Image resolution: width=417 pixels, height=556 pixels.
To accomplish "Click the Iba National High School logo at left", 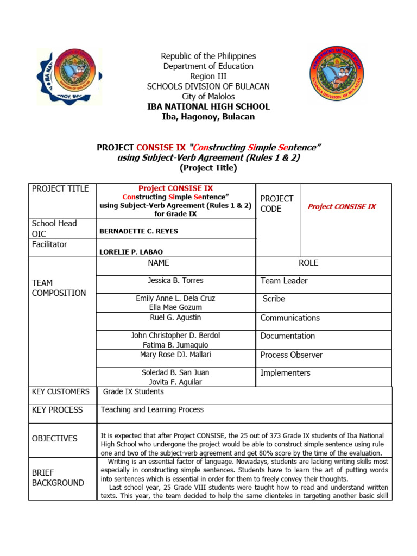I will click(69, 77).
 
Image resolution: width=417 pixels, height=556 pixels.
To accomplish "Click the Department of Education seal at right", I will click(337, 75).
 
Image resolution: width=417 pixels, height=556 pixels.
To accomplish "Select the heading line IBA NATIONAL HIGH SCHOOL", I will click(208, 107).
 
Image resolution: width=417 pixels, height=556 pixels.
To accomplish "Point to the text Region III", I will click(208, 77).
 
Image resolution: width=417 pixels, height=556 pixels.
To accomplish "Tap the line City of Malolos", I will click(208, 97).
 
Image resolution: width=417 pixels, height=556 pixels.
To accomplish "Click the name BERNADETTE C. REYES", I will click(139, 231).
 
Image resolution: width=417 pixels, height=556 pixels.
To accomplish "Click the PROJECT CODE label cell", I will click(277, 204).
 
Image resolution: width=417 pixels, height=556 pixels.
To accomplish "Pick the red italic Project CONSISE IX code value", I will click(342, 206).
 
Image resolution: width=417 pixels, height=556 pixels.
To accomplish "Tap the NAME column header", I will click(159, 263).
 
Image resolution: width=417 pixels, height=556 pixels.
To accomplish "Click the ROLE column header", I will click(308, 263).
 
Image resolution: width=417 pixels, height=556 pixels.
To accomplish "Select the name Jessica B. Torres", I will click(175, 281).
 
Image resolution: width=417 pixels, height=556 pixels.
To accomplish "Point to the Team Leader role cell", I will click(284, 281).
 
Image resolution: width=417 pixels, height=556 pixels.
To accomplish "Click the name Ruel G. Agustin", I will click(175, 318).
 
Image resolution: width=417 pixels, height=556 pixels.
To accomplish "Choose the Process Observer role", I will click(292, 355).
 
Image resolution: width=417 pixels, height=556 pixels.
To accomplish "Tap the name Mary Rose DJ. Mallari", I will click(175, 355).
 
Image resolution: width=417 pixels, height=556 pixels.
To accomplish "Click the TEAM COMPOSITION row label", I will click(59, 288).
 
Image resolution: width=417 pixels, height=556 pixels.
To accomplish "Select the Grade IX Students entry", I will click(133, 391).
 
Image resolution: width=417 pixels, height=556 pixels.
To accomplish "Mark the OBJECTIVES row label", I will click(54, 438).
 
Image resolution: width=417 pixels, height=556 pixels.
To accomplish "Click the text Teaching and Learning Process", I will click(152, 410).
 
